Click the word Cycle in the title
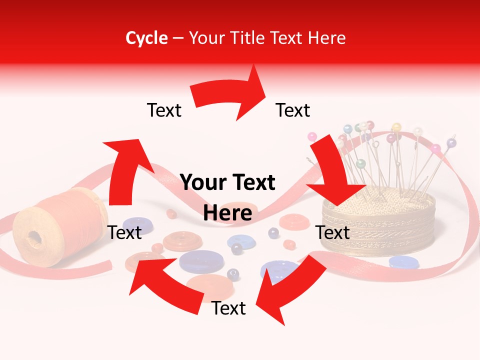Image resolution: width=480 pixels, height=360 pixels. point(146,38)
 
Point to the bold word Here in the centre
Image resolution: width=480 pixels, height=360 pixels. point(228,213)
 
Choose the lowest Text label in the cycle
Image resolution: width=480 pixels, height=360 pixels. point(228,308)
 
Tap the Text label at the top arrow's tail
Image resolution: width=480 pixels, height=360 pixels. point(164,110)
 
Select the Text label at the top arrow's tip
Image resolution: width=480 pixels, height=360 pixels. point(293,110)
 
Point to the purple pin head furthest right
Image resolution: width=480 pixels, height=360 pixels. point(451,143)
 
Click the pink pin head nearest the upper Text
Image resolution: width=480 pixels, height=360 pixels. point(313,136)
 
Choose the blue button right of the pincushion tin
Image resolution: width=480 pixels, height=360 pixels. point(404,261)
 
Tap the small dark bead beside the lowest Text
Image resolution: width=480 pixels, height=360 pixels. point(233,273)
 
